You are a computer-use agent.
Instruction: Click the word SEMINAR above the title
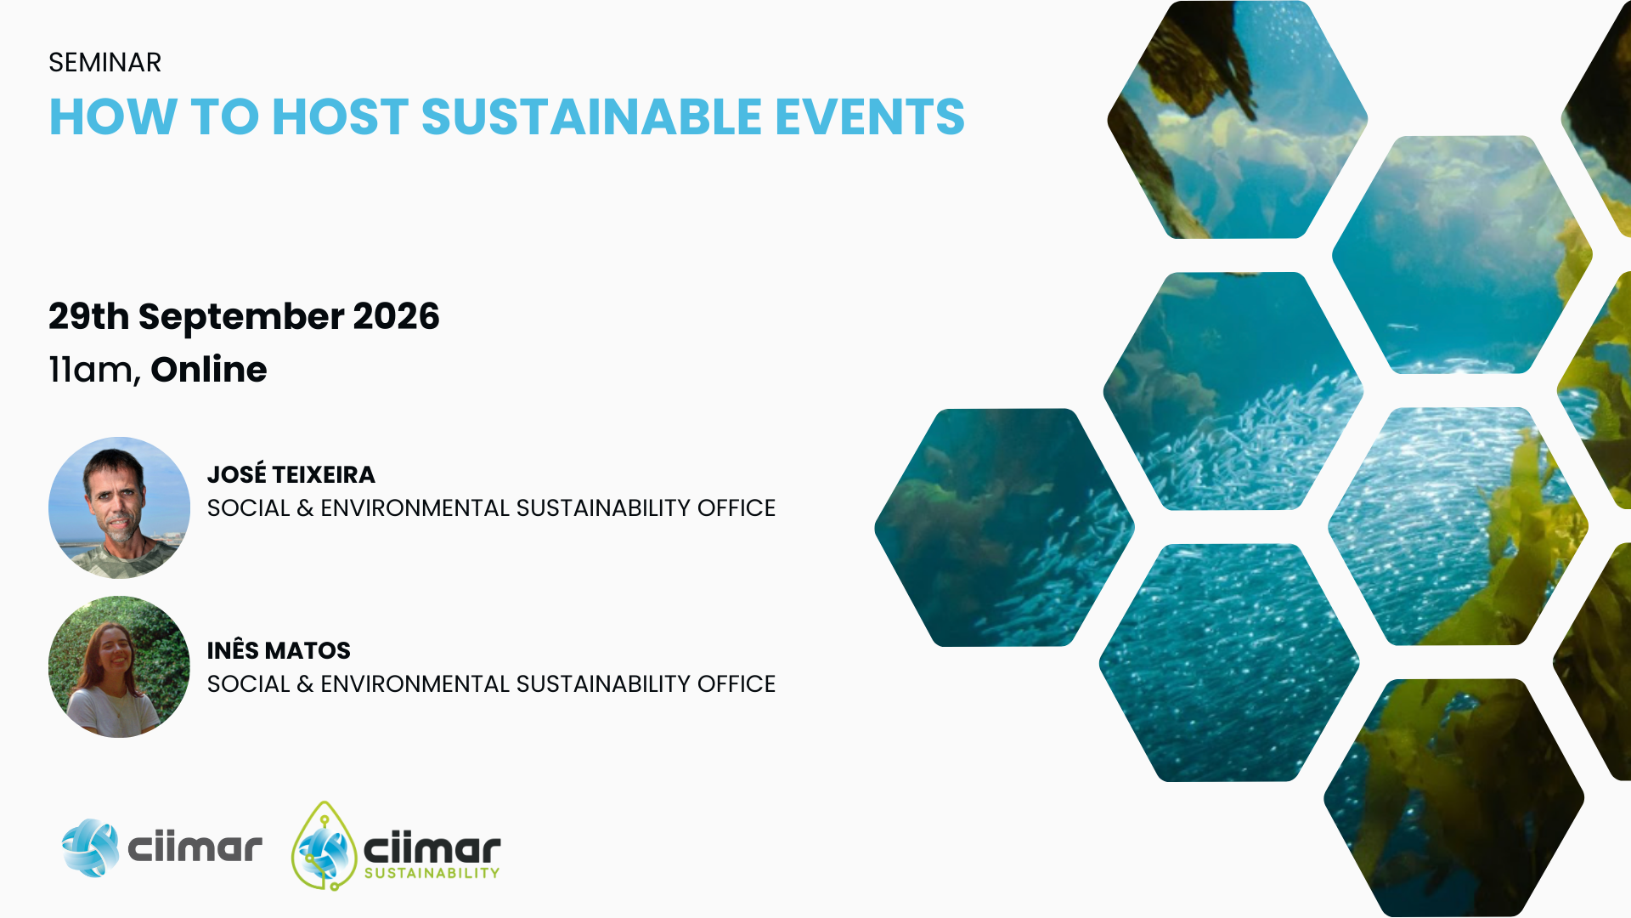(104, 63)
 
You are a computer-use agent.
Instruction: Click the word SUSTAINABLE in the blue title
(591, 116)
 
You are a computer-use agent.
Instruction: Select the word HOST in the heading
(340, 116)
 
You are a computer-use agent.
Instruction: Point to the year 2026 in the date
(396, 316)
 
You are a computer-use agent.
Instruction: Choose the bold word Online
(209, 370)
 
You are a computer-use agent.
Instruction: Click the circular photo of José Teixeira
(119, 507)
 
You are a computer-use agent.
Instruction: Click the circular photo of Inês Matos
(119, 666)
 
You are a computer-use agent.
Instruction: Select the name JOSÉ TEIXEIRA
(291, 474)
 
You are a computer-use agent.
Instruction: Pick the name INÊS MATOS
(279, 650)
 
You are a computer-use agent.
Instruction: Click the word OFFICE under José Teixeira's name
(736, 508)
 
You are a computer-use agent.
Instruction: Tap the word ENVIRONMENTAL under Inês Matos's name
(414, 684)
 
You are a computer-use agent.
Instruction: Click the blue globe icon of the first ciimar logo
(90, 847)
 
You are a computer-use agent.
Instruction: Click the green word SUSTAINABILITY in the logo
(432, 873)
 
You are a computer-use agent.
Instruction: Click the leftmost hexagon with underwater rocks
(1004, 527)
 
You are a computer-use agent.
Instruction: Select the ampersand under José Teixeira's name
(305, 508)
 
